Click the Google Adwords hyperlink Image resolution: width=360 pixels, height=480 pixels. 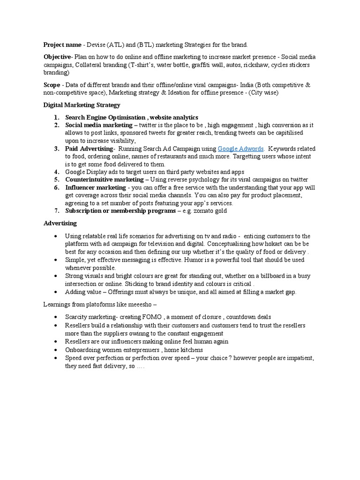(x=241, y=149)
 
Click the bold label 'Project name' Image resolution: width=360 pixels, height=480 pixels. (x=62, y=45)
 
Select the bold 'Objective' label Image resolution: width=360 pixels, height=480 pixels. (x=57, y=57)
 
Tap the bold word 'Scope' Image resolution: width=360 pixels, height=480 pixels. (x=52, y=85)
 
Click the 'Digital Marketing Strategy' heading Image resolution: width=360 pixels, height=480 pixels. (x=82, y=105)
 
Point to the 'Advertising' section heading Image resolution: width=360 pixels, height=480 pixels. (x=60, y=223)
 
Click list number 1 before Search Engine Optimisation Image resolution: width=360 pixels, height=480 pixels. (x=56, y=117)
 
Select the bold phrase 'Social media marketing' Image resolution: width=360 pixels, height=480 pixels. (x=98, y=125)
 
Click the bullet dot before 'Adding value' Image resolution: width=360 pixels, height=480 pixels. (x=56, y=292)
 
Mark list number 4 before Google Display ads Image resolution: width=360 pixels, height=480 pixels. (x=56, y=172)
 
